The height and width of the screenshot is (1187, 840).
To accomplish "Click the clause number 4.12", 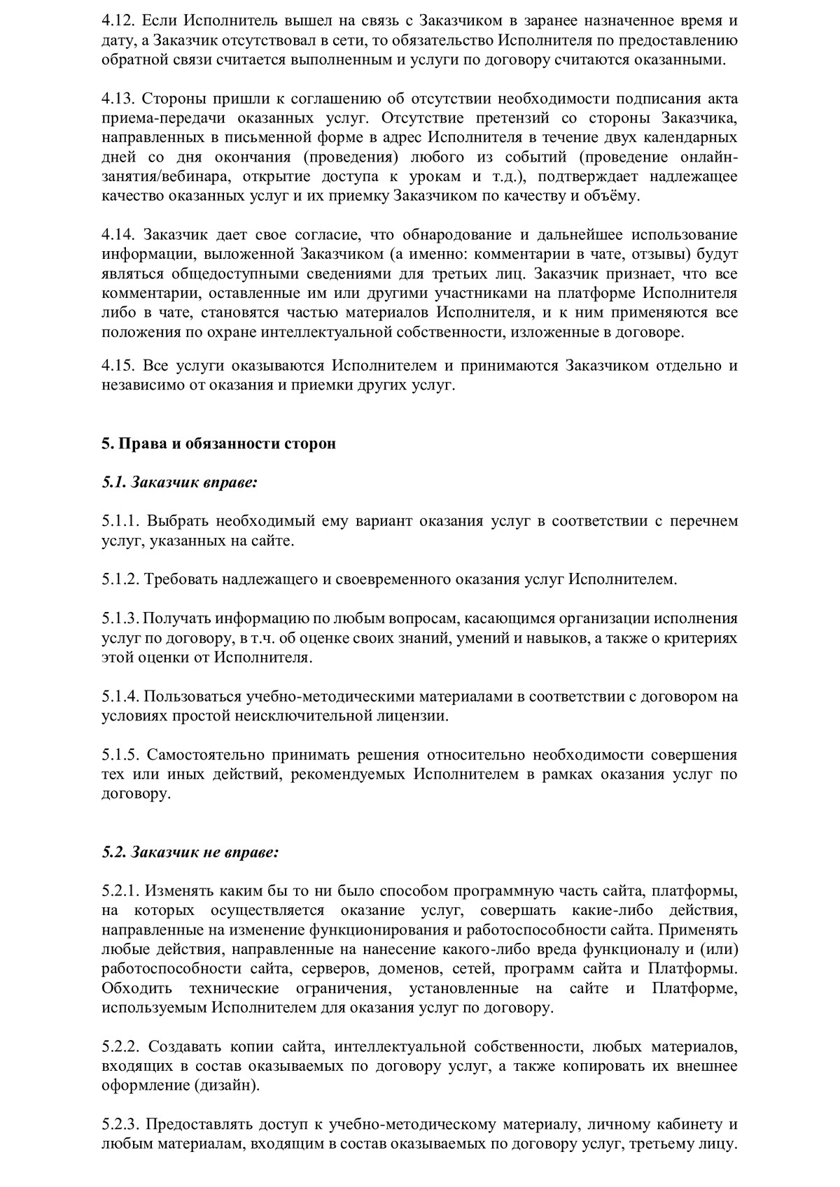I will click(116, 20).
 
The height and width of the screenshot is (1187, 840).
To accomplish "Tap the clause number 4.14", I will click(117, 234).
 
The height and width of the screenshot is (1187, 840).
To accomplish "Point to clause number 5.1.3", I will click(120, 618).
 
